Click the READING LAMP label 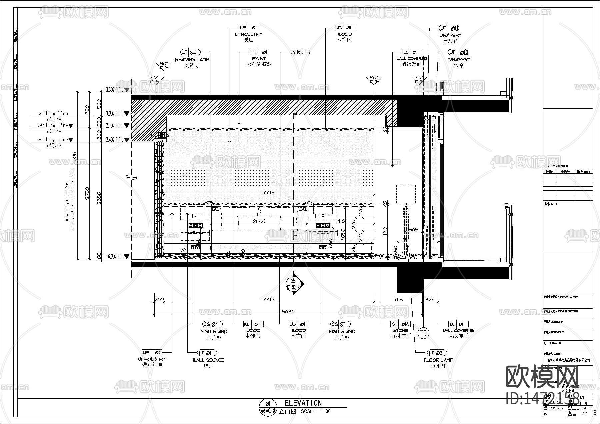(x=192, y=59)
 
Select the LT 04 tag (x=191, y=52)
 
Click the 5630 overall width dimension (x=288, y=311)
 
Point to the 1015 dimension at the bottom (x=396, y=299)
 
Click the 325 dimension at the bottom (x=430, y=299)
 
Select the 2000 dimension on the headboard (x=259, y=221)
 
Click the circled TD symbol (x=423, y=333)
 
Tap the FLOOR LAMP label (x=438, y=360)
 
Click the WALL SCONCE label (x=208, y=360)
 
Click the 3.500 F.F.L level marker (x=115, y=90)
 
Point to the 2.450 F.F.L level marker (x=115, y=140)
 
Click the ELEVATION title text (x=303, y=403)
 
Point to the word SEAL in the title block (x=554, y=204)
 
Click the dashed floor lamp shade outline (x=406, y=194)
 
